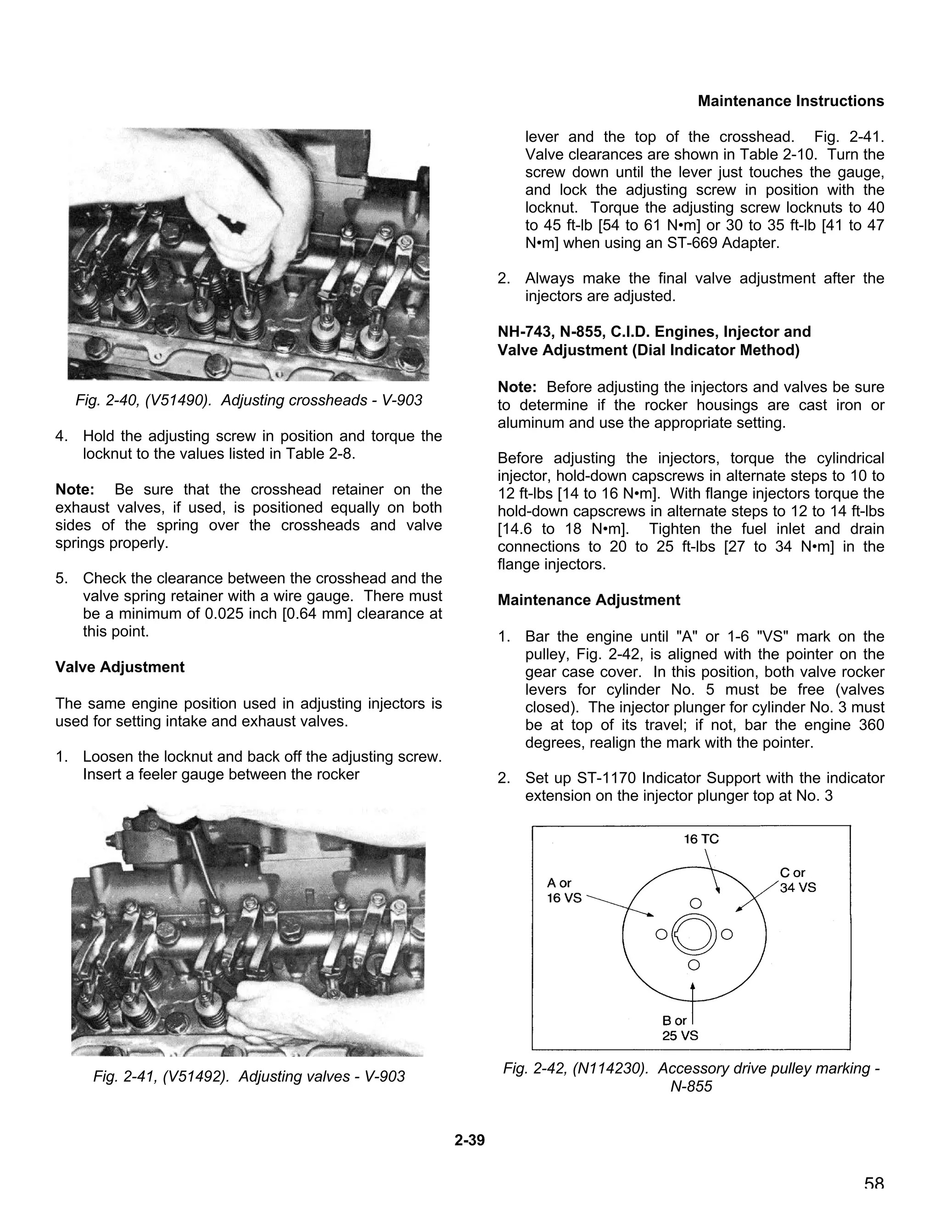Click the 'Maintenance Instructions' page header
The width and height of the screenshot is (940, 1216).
(x=790, y=101)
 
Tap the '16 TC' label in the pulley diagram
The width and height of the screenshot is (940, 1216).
(x=701, y=839)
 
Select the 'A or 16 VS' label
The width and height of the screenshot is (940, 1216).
(x=564, y=891)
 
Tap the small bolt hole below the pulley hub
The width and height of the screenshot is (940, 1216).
(x=694, y=965)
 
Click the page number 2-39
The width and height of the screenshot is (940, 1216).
(x=470, y=1140)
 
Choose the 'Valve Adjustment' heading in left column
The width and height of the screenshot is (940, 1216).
(x=120, y=667)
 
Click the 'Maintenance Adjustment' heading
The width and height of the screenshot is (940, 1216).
(x=588, y=600)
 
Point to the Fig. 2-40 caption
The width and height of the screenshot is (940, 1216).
(x=248, y=400)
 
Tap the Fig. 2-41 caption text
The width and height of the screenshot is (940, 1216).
(x=248, y=1076)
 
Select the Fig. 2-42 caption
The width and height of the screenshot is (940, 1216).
(x=691, y=1077)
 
